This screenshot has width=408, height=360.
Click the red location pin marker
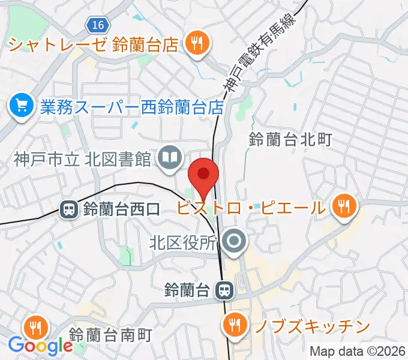click(x=203, y=175)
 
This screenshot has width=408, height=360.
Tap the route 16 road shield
click(x=97, y=25)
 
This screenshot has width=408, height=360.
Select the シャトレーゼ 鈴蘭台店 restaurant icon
click(x=195, y=43)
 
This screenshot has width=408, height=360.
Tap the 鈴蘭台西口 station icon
click(x=68, y=209)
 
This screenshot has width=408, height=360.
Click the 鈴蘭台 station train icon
click(x=224, y=290)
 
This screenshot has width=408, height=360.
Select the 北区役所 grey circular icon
click(x=233, y=242)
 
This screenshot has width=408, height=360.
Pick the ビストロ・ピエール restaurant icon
click(x=344, y=208)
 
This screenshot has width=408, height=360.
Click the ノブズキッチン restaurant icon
click(x=232, y=326)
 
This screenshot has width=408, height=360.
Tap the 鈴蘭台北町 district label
click(x=290, y=140)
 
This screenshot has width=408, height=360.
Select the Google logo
click(x=40, y=346)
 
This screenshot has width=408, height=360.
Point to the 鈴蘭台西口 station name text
click(x=122, y=210)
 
